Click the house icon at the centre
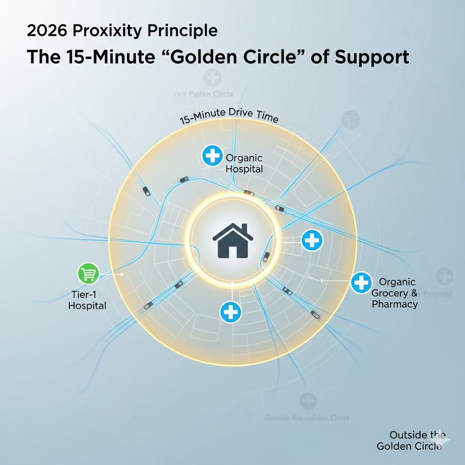click(x=232, y=240)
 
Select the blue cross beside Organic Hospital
click(x=212, y=156)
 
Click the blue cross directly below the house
click(x=231, y=312)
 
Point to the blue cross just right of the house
click(x=312, y=240)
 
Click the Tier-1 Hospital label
click(x=87, y=300)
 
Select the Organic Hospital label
click(x=244, y=163)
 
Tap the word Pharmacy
click(x=395, y=304)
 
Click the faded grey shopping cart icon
click(x=350, y=119)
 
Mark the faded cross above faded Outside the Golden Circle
click(x=307, y=401)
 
